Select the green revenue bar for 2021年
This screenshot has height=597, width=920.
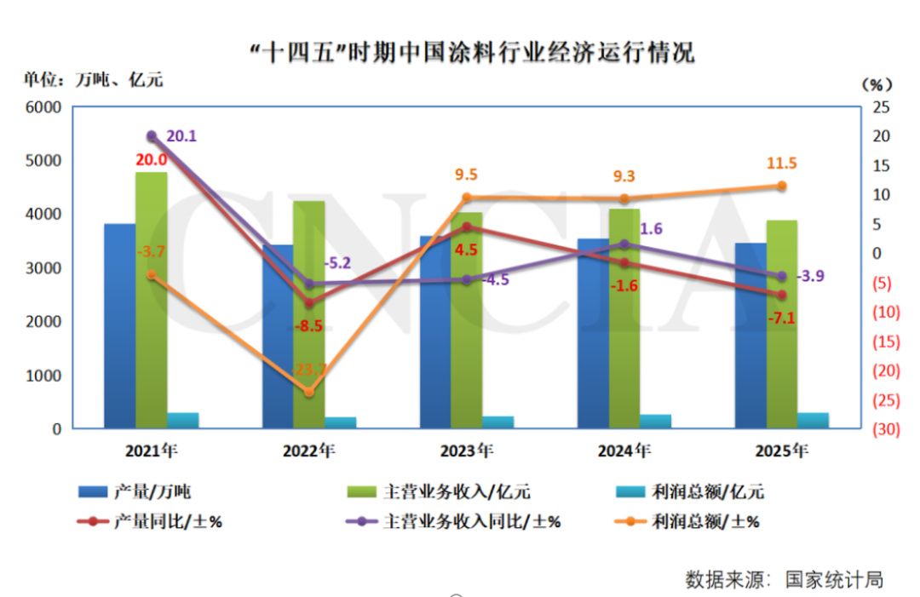click(x=152, y=298)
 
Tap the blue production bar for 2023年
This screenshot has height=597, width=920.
click(x=435, y=332)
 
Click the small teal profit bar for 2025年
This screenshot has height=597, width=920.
click(x=813, y=420)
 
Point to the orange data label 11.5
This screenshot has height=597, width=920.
click(x=781, y=164)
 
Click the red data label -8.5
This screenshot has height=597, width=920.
click(x=308, y=325)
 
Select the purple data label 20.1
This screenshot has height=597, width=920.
click(x=181, y=135)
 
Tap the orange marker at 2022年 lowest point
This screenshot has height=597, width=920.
click(x=309, y=392)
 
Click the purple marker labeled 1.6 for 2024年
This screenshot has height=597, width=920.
click(x=624, y=244)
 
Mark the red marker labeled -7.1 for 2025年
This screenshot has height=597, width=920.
click(x=782, y=295)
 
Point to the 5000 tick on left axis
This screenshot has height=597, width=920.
click(x=46, y=161)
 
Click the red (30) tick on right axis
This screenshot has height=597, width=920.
click(x=879, y=428)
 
